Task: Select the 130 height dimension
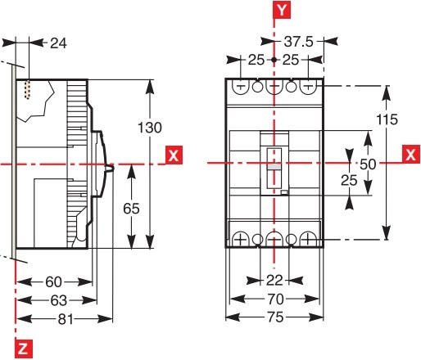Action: (x=150, y=128)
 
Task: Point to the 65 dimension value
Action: (x=131, y=208)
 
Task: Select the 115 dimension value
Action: (x=387, y=119)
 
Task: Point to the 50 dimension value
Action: (x=369, y=164)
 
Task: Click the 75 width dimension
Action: (x=274, y=317)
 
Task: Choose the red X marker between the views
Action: (x=173, y=154)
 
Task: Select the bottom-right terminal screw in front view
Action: (x=308, y=239)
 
